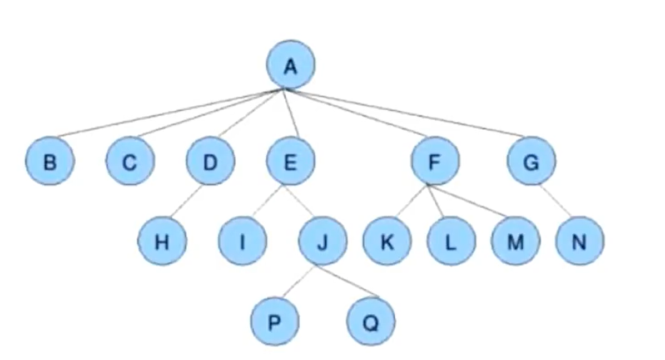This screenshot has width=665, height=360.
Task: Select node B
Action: [x=49, y=161]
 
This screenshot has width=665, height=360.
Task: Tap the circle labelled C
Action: [x=130, y=161]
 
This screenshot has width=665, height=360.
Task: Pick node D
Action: [x=210, y=161]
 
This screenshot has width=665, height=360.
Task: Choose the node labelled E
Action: [x=290, y=161]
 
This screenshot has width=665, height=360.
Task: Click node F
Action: [x=435, y=161]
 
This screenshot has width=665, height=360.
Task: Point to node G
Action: [x=531, y=161]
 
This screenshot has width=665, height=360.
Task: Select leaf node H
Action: [x=162, y=241]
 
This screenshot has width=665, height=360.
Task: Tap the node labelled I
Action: [x=242, y=241]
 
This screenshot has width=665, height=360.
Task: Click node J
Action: [x=322, y=241]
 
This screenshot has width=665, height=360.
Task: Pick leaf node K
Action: [x=387, y=241]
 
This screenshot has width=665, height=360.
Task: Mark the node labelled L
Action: [x=451, y=241]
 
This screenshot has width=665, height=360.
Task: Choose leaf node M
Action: [x=515, y=241]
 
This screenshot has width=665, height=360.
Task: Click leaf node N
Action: [x=579, y=241]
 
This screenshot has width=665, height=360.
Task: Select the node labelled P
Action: [x=275, y=322]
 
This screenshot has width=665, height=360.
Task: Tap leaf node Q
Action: [x=370, y=322]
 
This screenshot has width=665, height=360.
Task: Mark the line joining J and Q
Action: [x=348, y=282]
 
